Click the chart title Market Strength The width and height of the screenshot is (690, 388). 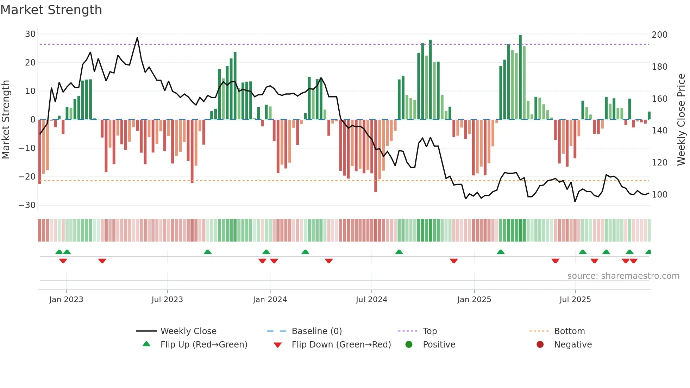pos(51,10)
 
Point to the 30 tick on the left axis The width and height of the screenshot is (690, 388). pos(30,34)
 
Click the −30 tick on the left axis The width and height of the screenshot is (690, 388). pos(27,205)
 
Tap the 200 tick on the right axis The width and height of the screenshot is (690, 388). pos(659,35)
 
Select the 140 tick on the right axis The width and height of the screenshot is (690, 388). pos(659,131)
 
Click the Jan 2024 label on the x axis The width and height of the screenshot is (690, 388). pos(270,300)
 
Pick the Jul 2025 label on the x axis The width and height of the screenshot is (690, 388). pos(575,300)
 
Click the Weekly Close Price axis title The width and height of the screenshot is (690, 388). pos(682,120)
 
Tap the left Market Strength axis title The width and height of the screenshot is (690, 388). pos(6,120)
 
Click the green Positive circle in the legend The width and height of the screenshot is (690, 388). pos(409,345)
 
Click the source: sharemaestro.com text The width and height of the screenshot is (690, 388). pos(623,276)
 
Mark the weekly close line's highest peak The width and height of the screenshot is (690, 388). pos(137,38)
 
